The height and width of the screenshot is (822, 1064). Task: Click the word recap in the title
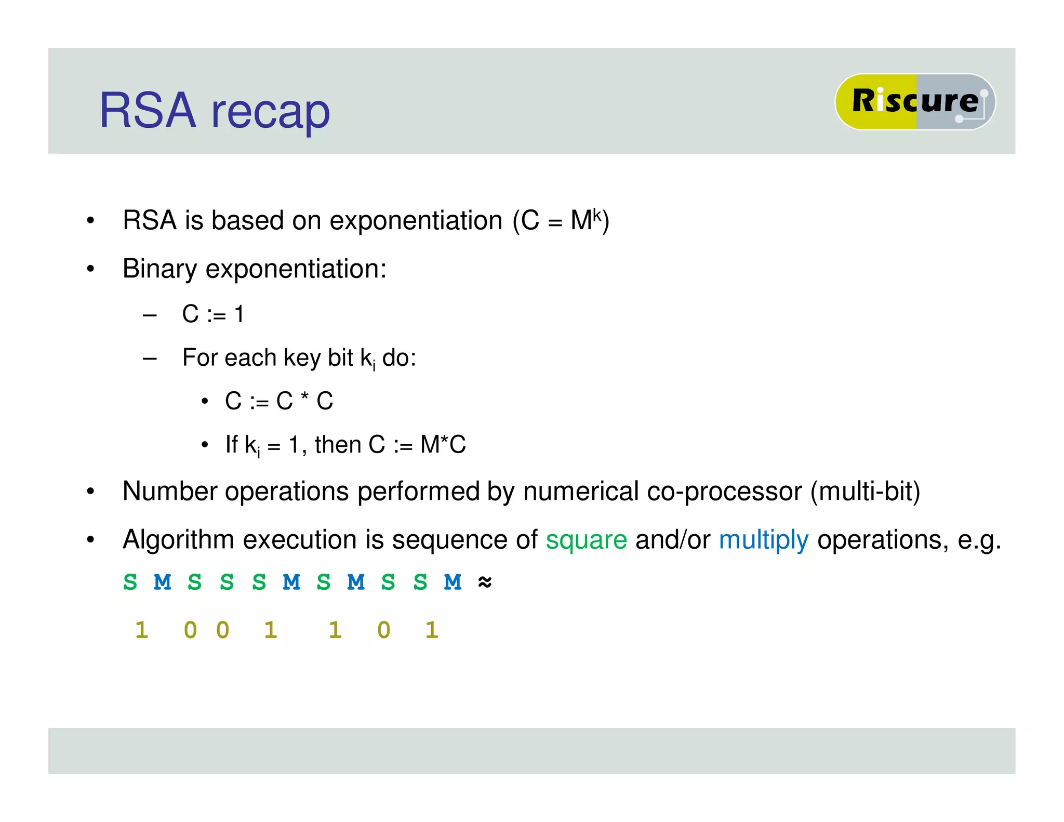click(270, 112)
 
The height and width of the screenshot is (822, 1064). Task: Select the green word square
click(586, 540)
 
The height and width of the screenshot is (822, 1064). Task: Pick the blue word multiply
click(763, 540)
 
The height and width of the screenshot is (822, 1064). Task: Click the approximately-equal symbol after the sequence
click(484, 582)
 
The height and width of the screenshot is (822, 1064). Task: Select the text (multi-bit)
click(865, 492)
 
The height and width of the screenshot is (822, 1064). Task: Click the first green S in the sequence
click(130, 582)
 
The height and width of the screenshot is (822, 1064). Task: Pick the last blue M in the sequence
click(453, 582)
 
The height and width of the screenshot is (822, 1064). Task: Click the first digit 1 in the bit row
click(141, 630)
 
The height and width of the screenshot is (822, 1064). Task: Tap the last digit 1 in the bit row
click(432, 630)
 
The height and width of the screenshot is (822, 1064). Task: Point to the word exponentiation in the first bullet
click(416, 221)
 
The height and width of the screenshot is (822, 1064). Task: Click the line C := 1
click(213, 314)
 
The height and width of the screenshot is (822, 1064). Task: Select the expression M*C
click(443, 445)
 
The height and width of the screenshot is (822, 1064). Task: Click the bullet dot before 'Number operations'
click(90, 491)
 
